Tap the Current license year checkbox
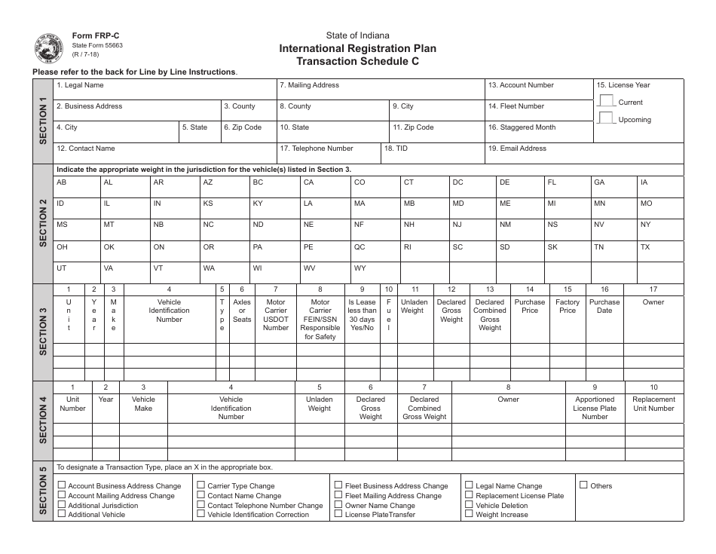606,101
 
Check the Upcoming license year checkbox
606,118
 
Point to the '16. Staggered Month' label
522,128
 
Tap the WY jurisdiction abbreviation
360,268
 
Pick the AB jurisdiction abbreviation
62,183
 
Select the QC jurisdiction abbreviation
360,247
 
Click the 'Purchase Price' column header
530,306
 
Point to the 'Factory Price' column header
568,306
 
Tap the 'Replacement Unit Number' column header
653,404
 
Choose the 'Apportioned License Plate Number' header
595,408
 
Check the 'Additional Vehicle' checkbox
62,514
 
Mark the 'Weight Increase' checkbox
469,514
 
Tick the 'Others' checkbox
583,485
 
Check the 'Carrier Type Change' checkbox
201,486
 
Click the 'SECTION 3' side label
42,332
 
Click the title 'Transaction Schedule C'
358,62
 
